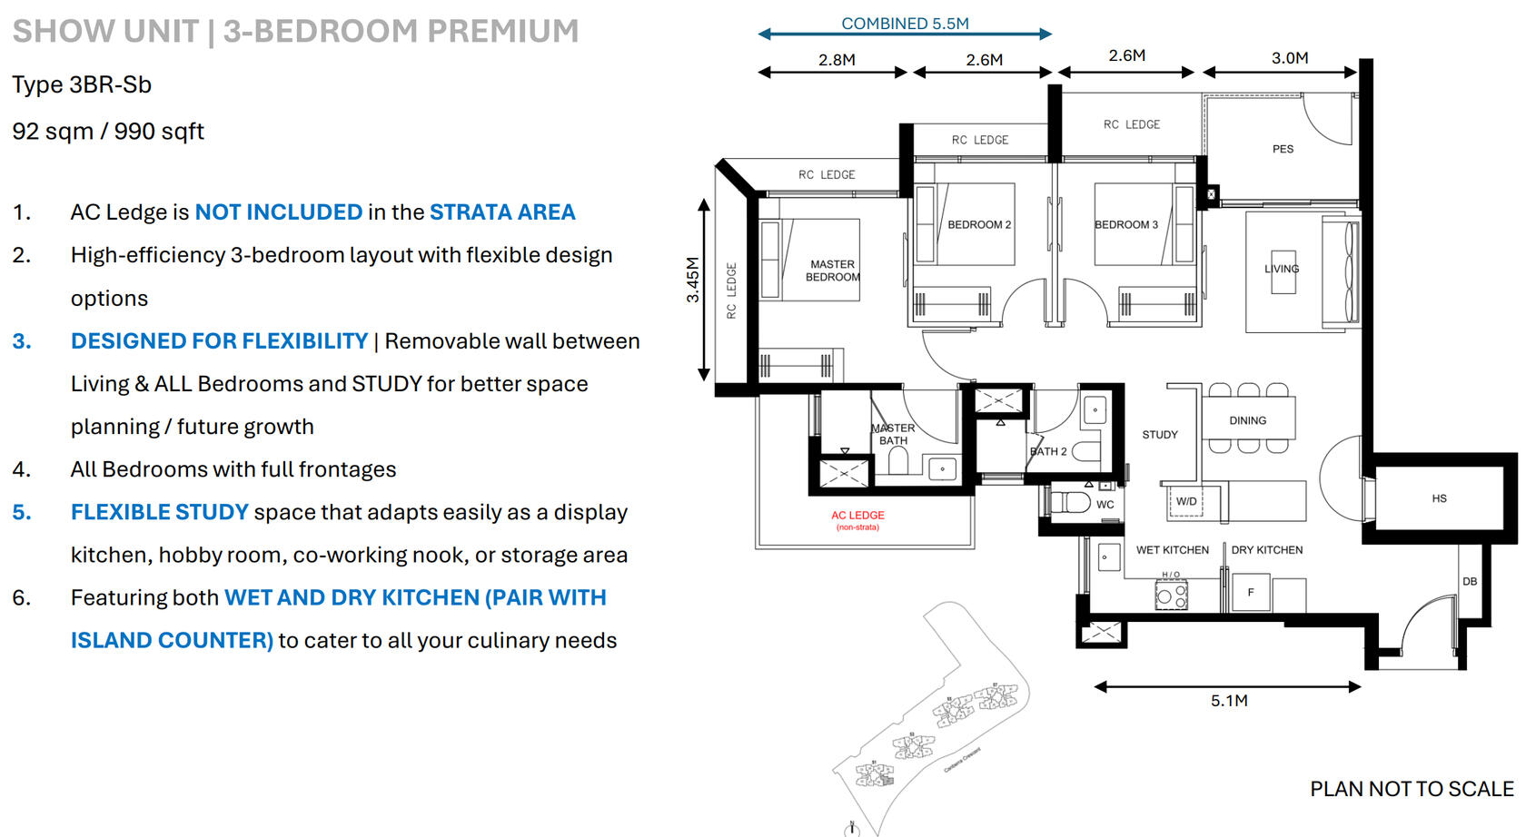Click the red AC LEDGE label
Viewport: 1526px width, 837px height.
coord(857,516)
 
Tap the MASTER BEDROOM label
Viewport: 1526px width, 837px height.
coord(832,271)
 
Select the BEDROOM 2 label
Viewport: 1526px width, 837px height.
coord(978,224)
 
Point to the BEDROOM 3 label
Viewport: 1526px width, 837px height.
coord(1125,224)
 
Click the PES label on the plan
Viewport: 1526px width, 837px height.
coord(1283,149)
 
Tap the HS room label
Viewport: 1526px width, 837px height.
coord(1439,498)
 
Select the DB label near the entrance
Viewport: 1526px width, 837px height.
coord(1469,581)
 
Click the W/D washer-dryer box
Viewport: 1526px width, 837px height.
coord(1185,501)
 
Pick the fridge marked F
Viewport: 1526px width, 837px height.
coord(1251,592)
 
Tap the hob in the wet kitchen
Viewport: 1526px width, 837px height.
coord(1171,596)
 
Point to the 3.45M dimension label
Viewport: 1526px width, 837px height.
coord(693,280)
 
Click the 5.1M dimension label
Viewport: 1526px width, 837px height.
coord(1228,701)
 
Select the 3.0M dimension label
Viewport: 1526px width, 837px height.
coord(1289,58)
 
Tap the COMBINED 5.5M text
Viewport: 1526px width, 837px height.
coord(905,24)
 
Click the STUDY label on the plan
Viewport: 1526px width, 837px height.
coord(1159,435)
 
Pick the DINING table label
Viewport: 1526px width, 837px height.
coord(1247,420)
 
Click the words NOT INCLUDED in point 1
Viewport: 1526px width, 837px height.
coord(279,212)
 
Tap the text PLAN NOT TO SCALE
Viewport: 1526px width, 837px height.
coord(1411,789)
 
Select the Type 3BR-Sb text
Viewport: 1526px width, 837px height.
coord(82,84)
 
